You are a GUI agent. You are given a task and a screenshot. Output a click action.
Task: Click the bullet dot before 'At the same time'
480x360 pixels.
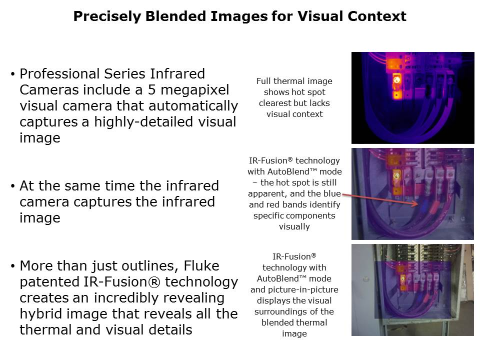[12, 186]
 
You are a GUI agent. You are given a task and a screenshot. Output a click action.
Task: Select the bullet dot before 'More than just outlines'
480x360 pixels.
[12, 266]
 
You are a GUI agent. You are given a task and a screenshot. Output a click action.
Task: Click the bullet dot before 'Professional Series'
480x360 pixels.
[12, 74]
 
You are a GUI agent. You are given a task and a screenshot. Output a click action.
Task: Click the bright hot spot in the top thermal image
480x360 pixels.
[397, 79]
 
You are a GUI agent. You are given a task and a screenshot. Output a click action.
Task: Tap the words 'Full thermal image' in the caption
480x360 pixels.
[294, 81]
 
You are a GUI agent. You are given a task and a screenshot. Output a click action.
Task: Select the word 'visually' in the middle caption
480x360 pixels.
[294, 226]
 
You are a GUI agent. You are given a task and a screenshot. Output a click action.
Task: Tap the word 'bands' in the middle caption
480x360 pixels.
[328, 204]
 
